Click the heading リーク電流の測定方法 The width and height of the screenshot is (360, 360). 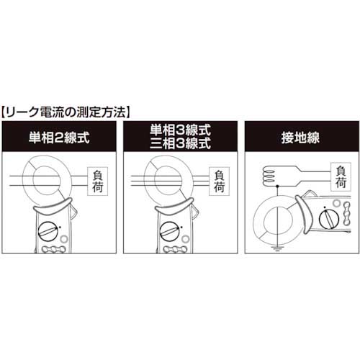tap(67, 112)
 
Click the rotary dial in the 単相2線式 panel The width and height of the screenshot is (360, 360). tap(50, 232)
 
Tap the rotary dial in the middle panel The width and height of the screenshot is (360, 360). tap(171, 232)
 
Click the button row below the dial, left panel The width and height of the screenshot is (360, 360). tap(53, 251)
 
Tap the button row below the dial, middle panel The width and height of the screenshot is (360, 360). tap(174, 251)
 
